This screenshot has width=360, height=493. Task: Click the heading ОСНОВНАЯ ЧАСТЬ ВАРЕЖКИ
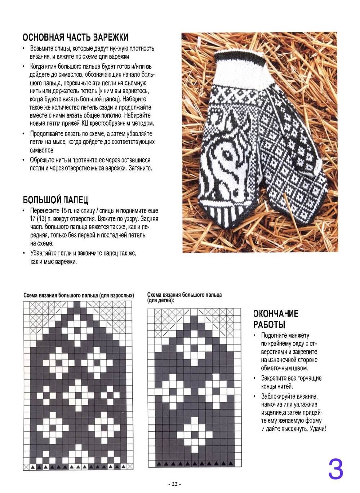tap(75, 37)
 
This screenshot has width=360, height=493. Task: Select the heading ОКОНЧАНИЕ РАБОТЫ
tap(276, 319)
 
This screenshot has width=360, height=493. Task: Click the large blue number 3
tap(335, 468)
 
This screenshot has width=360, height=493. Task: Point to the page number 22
tap(175, 484)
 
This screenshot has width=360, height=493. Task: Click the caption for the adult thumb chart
tap(79, 295)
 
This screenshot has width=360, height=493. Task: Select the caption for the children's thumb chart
tap(184, 297)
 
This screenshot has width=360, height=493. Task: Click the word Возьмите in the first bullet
tap(42, 48)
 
